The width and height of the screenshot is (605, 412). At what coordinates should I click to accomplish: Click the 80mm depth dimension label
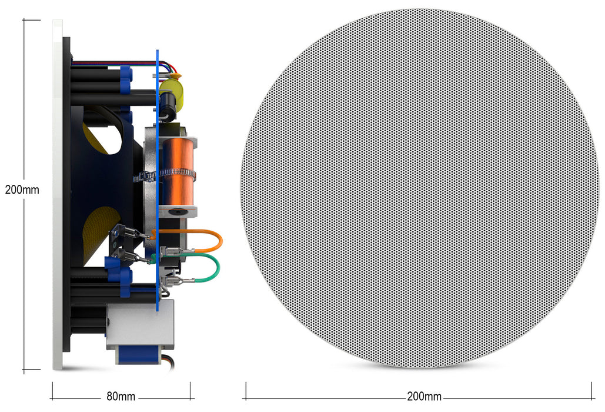[121, 396]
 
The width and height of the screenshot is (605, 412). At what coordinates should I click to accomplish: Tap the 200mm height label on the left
[22, 190]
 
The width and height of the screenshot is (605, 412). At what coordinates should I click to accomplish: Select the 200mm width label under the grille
[424, 396]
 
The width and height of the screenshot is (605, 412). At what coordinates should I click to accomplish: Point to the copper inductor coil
[178, 172]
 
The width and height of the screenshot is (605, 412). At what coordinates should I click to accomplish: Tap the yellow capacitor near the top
[172, 92]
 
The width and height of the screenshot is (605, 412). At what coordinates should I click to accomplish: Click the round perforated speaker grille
[419, 188]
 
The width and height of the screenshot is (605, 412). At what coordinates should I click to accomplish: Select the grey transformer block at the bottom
[140, 324]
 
